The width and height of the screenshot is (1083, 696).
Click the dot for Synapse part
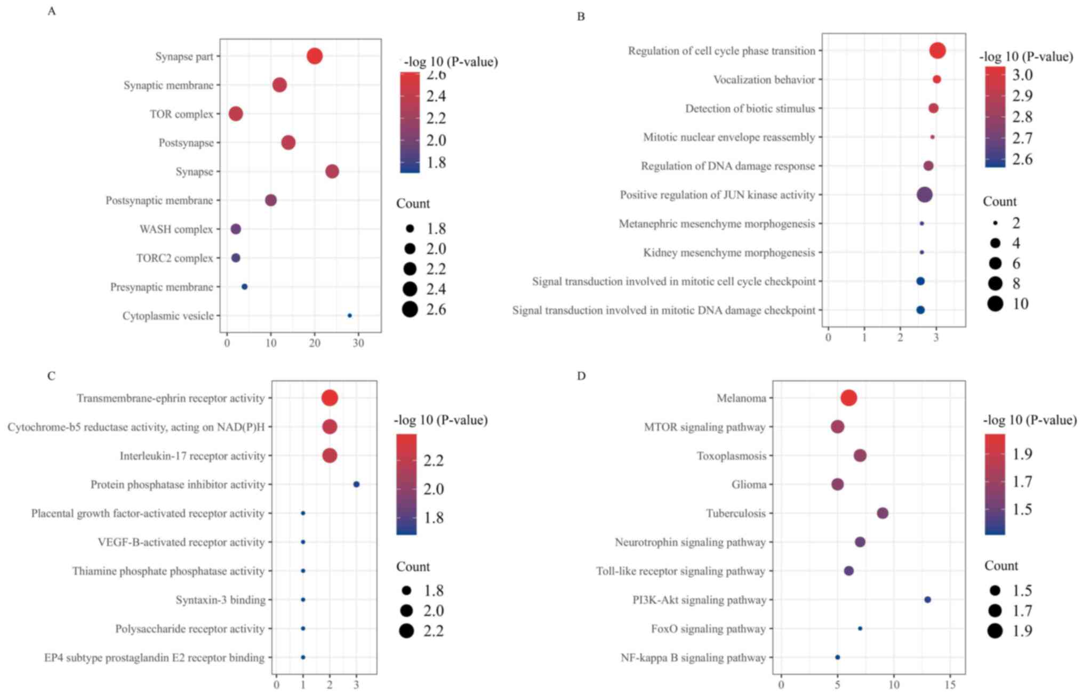pos(315,56)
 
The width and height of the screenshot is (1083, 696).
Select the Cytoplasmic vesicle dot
pos(350,316)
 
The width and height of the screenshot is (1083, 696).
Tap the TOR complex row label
pos(181,114)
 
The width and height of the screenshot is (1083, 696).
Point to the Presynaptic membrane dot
pos(245,287)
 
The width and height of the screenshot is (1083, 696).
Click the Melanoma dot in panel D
pos(849,398)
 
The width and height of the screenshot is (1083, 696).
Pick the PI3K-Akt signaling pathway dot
pos(927,599)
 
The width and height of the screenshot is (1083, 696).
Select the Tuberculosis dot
pos(883,513)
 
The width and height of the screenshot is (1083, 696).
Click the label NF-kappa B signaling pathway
pos(693,658)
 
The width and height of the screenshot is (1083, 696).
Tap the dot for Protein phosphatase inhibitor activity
pos(357,484)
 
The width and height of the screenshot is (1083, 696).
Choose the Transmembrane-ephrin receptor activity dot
pos(330,398)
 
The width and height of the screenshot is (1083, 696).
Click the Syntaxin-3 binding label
pos(220,600)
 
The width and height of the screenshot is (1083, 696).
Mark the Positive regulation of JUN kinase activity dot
pos(925,195)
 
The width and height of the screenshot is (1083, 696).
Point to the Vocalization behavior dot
pos(937,79)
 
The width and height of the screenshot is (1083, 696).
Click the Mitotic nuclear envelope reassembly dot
pos(933,137)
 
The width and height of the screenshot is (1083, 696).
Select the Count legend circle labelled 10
pos(995,303)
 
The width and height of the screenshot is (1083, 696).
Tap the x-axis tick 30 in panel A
pos(358,343)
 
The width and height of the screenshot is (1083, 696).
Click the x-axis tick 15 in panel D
pos(950,684)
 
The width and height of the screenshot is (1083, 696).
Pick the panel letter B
pos(581,17)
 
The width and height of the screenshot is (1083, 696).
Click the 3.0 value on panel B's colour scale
pos(1022,75)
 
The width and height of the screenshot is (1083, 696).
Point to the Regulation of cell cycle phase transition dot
pos(937,51)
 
